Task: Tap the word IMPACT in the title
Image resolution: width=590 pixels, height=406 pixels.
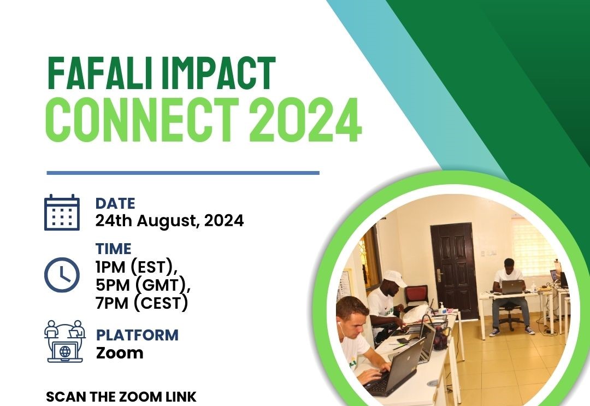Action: coord(219,73)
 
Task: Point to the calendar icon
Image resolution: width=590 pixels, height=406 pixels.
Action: coord(62,213)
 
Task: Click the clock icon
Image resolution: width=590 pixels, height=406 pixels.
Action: coord(62,275)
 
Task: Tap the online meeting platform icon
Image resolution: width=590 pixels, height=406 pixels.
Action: coord(64,342)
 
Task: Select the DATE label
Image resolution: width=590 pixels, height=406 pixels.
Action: coord(115,204)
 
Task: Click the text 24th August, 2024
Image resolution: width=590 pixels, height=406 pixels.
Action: coord(169,221)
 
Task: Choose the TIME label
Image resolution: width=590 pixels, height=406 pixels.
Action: coord(113,249)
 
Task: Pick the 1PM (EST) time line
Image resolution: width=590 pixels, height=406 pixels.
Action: coord(137,268)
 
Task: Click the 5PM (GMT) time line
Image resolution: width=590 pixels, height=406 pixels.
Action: coord(143,286)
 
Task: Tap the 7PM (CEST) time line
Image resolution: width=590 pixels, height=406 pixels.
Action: coord(141,304)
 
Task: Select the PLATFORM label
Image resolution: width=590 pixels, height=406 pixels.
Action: coord(137,335)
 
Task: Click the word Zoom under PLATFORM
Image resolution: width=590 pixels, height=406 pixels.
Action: coord(120,353)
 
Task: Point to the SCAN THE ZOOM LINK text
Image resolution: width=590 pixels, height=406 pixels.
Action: coord(121,397)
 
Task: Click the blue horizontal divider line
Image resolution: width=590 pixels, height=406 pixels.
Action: coord(183,173)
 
